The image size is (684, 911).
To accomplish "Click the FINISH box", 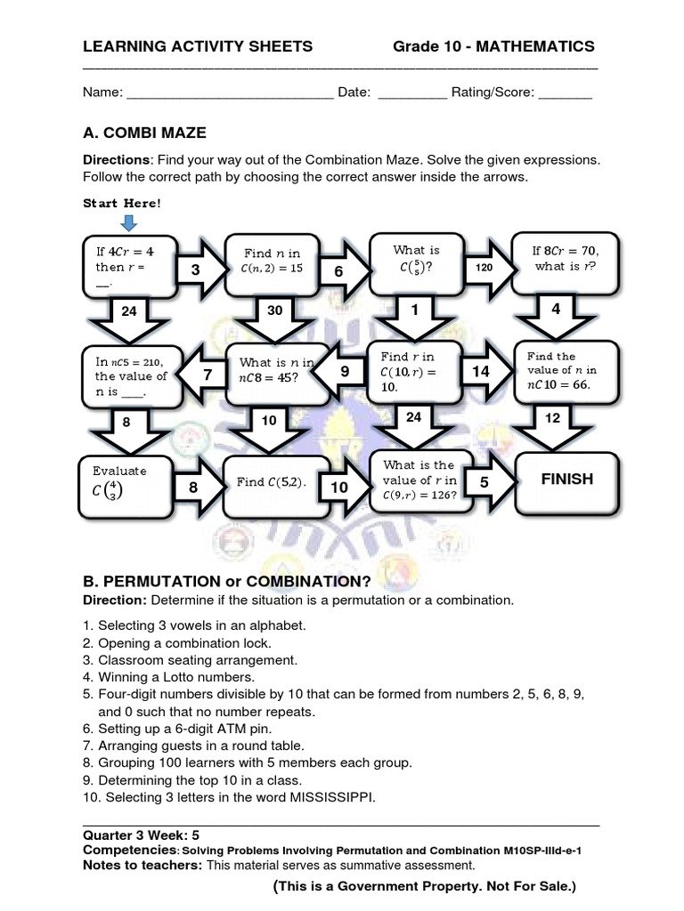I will click(567, 480).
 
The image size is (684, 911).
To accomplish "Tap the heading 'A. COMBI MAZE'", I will click(144, 133).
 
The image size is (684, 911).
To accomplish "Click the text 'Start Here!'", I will click(123, 203).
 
